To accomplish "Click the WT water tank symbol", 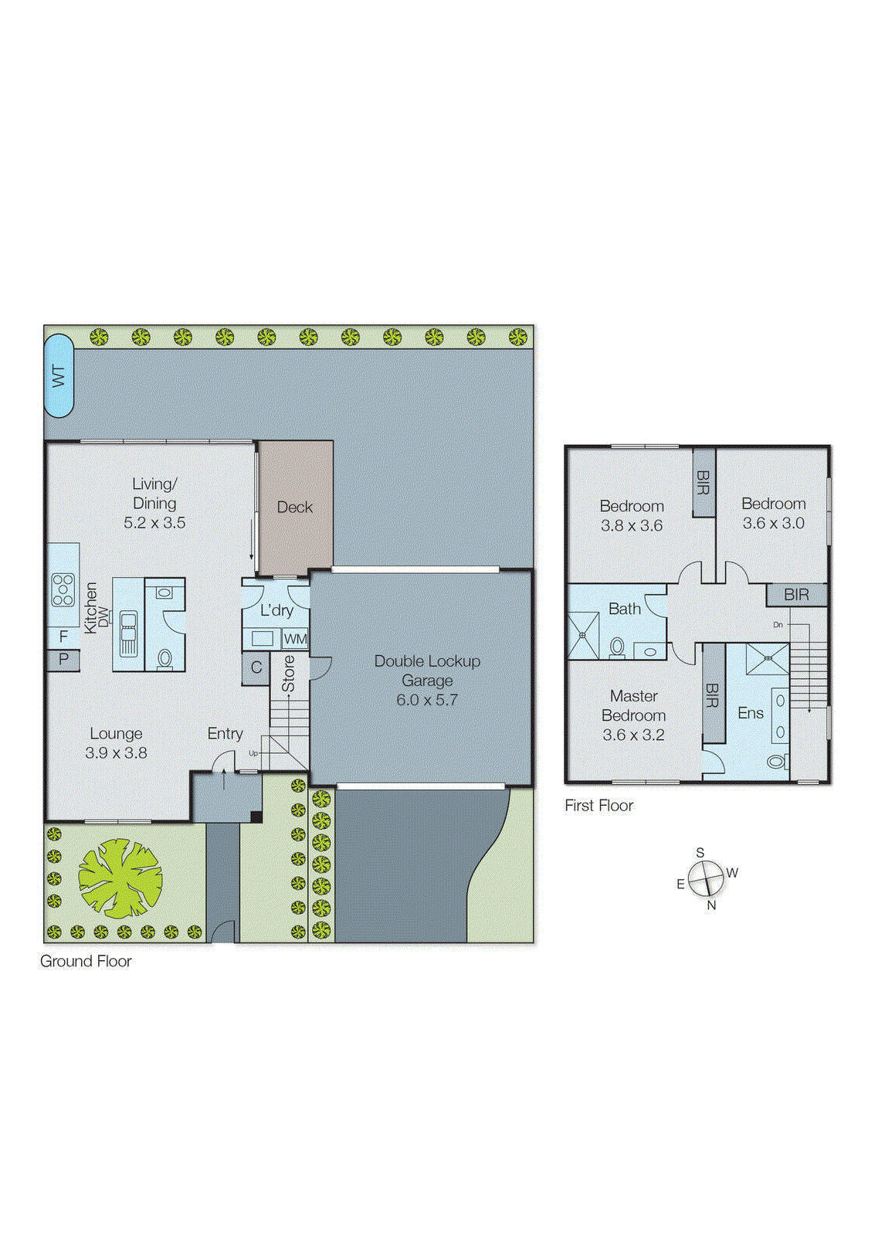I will coord(59,376).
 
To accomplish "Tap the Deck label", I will coord(295,508).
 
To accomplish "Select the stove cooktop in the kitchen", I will coord(63,590).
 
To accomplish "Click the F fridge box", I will coord(63,637).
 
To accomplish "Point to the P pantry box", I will coord(63,660).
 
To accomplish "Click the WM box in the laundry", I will coord(295,639).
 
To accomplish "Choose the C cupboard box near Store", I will coord(256,667).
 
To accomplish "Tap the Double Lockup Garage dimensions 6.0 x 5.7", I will coord(427,701).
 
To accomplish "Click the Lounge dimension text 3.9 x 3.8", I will coord(116,753).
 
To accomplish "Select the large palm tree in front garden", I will coord(120,879).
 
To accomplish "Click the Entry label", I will coord(225,733).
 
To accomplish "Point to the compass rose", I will coord(706,879).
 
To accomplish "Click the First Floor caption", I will coord(599,806).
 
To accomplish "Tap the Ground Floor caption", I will coord(86,962).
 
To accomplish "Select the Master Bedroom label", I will coord(633,705).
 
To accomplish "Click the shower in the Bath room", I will coord(583,635).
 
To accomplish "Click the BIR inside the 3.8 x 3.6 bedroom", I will coord(703,484).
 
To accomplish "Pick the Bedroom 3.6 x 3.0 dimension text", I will coord(773,524).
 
